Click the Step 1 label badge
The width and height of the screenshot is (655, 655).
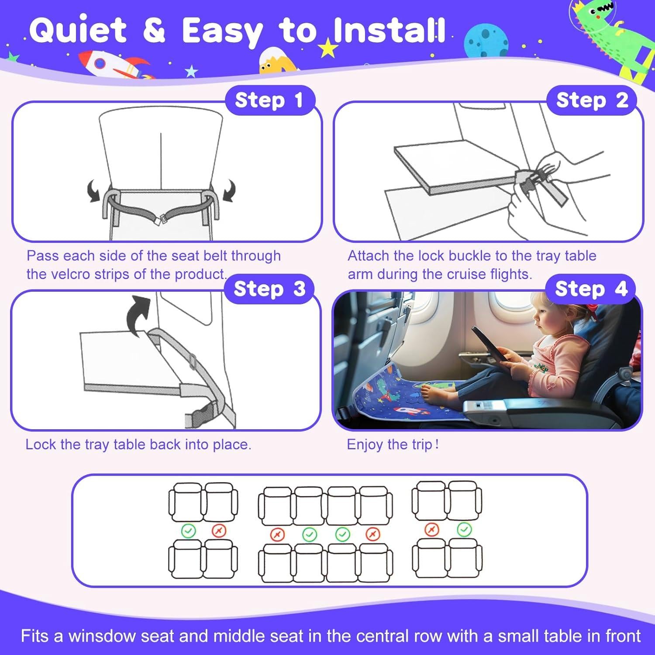click(269, 100)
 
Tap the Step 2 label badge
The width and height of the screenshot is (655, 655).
click(592, 100)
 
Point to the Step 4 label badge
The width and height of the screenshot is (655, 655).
click(591, 289)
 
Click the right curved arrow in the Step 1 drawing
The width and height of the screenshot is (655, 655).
click(229, 191)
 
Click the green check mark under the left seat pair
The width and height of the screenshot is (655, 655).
click(189, 531)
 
